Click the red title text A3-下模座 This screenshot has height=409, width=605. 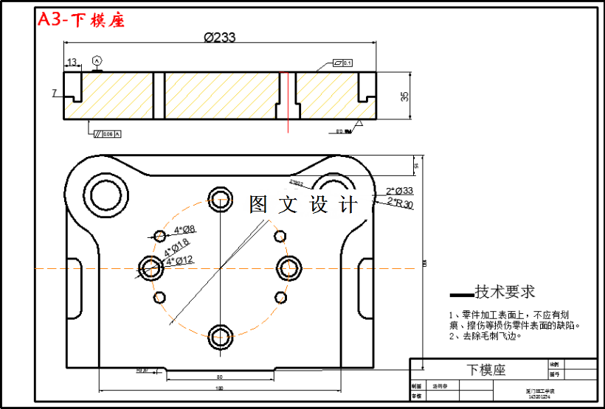[x=81, y=20]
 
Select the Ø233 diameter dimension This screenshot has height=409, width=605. [x=219, y=38]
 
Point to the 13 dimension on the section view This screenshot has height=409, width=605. [x=72, y=62]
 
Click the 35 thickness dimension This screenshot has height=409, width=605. [x=404, y=96]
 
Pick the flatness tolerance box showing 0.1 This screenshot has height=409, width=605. [x=343, y=63]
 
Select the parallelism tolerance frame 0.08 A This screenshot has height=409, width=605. [x=107, y=133]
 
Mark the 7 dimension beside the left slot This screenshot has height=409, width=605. [x=54, y=93]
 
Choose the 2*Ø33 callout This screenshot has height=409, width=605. [x=399, y=191]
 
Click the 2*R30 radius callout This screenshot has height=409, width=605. [x=400, y=203]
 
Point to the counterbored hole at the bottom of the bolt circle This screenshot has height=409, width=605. [x=221, y=337]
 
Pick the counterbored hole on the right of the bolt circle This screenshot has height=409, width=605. [x=289, y=267]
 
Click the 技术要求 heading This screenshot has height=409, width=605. [x=505, y=292]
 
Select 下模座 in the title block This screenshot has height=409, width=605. [x=485, y=369]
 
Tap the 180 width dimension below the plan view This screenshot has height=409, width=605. [x=219, y=388]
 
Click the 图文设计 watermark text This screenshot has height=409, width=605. [x=302, y=205]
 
